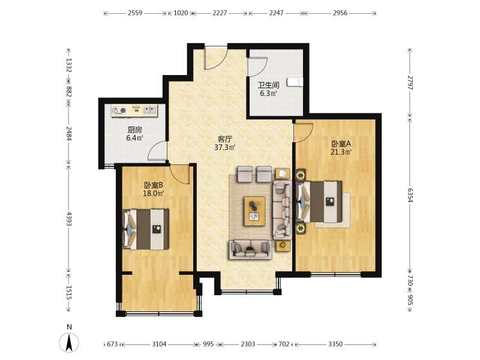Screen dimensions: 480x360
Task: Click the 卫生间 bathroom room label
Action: (x=268, y=85)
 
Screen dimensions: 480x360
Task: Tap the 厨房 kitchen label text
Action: (x=134, y=130)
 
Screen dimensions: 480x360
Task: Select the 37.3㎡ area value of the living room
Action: (x=224, y=148)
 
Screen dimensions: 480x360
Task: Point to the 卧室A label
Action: (x=341, y=143)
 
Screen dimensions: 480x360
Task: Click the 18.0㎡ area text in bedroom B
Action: (x=154, y=193)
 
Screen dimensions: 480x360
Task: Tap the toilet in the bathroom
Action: (x=295, y=82)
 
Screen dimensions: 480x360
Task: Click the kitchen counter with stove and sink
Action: (x=134, y=110)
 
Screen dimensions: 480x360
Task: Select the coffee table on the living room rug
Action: (x=254, y=211)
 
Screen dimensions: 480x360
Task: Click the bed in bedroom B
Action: (x=146, y=229)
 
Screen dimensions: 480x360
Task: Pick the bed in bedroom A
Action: (x=319, y=202)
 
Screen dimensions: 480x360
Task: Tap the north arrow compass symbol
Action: (x=69, y=342)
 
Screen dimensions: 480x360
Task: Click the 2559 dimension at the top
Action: (x=135, y=13)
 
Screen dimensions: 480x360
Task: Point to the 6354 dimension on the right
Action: (x=410, y=195)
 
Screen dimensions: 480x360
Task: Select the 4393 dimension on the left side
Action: (x=69, y=218)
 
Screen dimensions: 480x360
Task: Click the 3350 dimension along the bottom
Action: (x=335, y=344)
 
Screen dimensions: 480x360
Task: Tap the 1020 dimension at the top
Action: (x=181, y=13)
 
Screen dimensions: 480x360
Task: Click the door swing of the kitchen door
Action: (x=157, y=151)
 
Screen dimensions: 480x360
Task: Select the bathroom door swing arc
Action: (x=257, y=66)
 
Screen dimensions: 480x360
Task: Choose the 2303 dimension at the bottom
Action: (x=248, y=344)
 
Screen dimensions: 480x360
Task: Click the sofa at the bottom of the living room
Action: (x=251, y=250)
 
